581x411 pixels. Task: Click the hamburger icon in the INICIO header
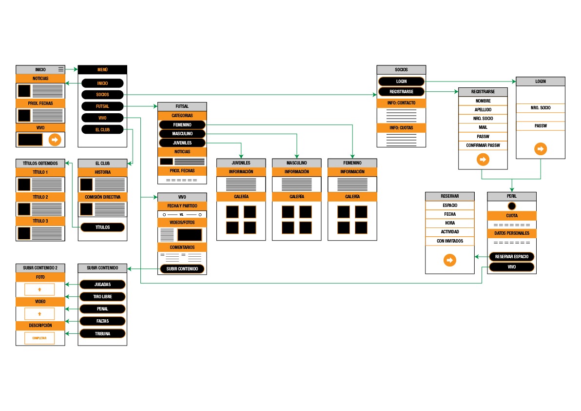(61, 69)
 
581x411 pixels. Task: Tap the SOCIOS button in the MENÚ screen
(102, 94)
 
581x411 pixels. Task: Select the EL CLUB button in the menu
(102, 129)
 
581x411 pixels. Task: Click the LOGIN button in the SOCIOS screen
(401, 81)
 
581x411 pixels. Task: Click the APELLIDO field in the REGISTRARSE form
(483, 110)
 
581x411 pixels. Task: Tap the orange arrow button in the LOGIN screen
(540, 148)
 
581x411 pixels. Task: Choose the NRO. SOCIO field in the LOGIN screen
(541, 108)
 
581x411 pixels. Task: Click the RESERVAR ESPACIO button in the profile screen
(511, 257)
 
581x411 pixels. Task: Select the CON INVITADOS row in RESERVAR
(449, 241)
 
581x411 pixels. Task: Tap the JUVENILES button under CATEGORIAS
(182, 143)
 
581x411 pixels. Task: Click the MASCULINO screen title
(296, 163)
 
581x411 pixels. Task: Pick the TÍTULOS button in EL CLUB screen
(102, 227)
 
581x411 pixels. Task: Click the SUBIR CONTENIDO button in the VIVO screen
(182, 269)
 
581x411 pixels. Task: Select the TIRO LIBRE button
(102, 297)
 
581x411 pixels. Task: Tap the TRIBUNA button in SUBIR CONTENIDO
(102, 334)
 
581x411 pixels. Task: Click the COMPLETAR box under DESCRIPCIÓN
(39, 338)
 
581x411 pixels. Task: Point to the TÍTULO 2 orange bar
(40, 197)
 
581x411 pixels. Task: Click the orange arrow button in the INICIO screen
(55, 140)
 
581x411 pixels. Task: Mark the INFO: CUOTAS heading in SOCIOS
(401, 128)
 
